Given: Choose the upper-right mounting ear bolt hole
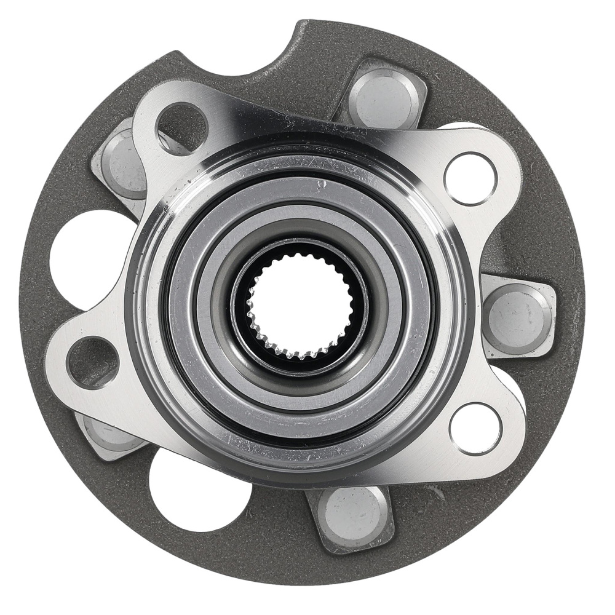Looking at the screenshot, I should tap(470, 178).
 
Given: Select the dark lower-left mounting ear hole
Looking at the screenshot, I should tap(92, 363).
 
